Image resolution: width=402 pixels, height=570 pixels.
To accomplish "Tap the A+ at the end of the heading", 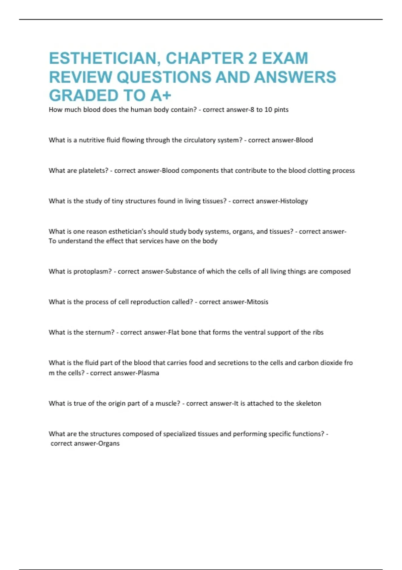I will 161,96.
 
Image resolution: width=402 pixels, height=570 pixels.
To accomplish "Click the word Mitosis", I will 257,302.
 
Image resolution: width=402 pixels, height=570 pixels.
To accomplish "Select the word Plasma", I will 148,373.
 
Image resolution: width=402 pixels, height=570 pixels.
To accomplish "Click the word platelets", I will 93,171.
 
